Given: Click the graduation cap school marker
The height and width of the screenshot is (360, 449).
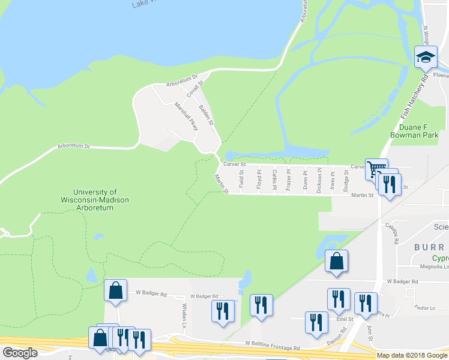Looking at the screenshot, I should (426, 58).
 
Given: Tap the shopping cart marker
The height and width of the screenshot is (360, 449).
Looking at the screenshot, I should (376, 169).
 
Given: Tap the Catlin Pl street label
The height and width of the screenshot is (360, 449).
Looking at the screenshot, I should (274, 179).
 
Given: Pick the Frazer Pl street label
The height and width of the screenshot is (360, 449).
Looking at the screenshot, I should (289, 179).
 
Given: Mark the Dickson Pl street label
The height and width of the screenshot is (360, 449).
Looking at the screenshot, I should (319, 179).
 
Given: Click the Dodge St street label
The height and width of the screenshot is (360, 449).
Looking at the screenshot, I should (346, 179).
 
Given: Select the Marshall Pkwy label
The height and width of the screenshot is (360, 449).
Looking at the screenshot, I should (186, 116).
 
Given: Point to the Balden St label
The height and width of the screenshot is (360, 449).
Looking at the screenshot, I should (206, 115).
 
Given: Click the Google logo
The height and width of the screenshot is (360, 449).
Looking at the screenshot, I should (20, 353).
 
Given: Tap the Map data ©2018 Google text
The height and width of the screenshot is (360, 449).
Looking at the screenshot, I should (412, 355).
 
